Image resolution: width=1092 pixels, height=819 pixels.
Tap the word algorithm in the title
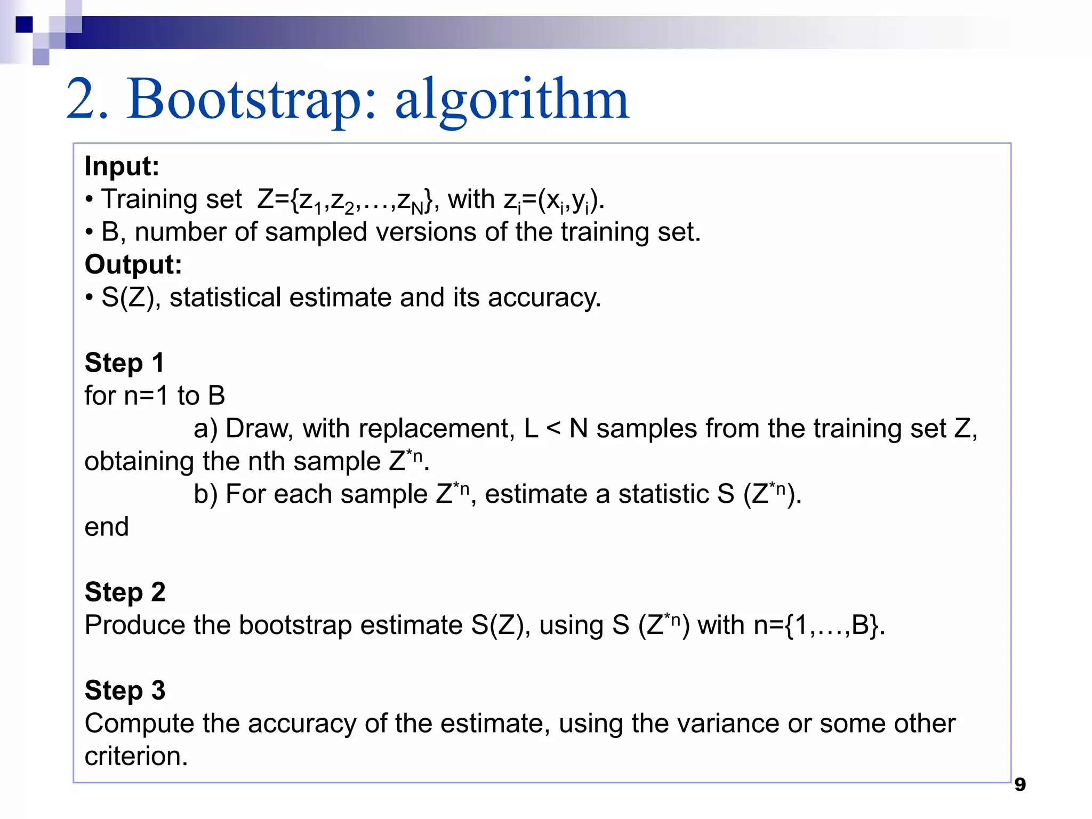[x=511, y=100]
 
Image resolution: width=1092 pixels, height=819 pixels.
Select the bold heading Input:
[x=122, y=166]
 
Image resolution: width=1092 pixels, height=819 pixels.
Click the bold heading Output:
[x=133, y=264]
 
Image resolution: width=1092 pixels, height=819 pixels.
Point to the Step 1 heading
[x=124, y=363]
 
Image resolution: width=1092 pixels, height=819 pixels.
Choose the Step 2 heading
[x=125, y=592]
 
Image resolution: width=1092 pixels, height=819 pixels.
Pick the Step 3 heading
[x=125, y=690]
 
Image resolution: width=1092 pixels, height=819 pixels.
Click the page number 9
[x=1019, y=784]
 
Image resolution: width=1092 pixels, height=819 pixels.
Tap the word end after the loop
[x=107, y=527]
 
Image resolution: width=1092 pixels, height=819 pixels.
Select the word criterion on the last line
[x=135, y=757]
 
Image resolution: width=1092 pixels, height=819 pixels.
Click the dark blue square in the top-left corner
[x=25, y=25]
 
